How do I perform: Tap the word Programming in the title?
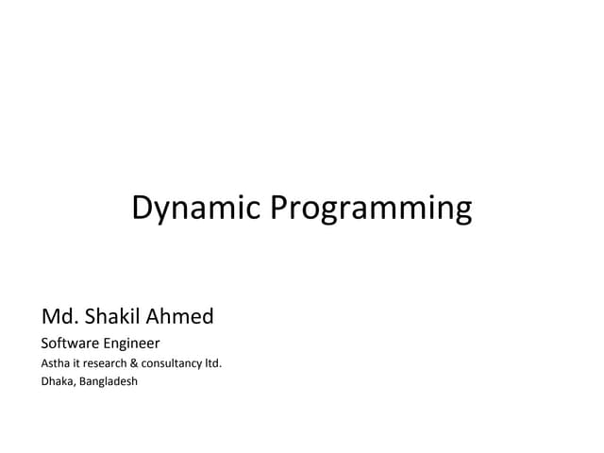pos(371,210)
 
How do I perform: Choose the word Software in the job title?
pos(69,343)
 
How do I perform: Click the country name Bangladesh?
pos(106,382)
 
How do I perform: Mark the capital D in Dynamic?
pos(143,207)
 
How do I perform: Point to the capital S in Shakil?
pos(95,314)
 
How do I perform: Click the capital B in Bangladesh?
pos(81,382)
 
